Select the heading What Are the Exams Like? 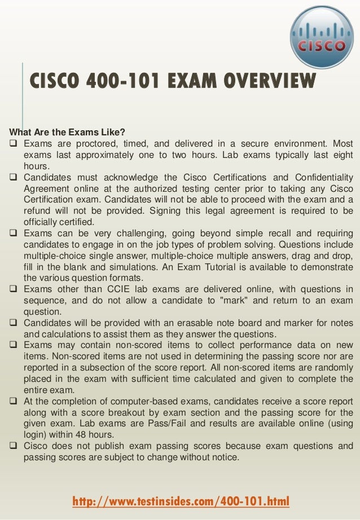click(65, 133)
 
